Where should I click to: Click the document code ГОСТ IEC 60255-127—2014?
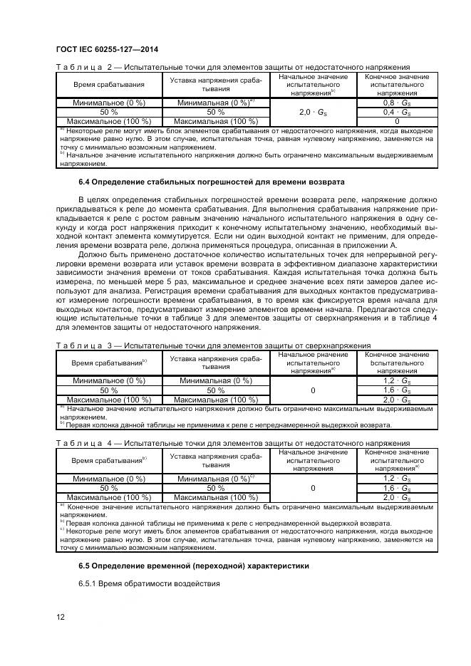[106, 49]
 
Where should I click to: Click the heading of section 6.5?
[194, 566]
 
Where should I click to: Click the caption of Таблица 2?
[232, 67]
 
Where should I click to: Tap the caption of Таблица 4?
[232, 442]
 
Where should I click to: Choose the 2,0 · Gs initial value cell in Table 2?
[313, 112]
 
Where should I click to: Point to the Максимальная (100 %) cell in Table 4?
[215, 497]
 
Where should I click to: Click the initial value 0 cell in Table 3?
[313, 390]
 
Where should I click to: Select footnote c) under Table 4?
[246, 536]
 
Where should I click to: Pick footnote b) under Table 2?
[246, 157]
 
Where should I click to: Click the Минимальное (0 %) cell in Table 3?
[108, 380]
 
